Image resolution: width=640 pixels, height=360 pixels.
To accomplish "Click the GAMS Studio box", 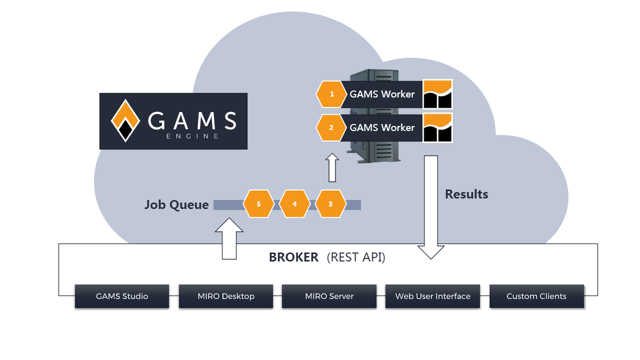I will (x=122, y=296).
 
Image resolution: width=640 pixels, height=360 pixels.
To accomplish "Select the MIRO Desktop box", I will (x=226, y=296).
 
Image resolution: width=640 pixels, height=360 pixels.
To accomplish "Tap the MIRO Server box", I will (x=329, y=296).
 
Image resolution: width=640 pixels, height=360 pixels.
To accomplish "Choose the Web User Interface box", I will (x=432, y=296).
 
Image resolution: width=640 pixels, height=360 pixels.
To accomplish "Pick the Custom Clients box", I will (x=536, y=296).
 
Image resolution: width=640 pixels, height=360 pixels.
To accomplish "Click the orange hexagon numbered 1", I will (x=331, y=94).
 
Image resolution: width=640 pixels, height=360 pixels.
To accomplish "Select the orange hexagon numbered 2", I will (x=331, y=127).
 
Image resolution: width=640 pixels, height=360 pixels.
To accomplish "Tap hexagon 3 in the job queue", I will (x=330, y=204).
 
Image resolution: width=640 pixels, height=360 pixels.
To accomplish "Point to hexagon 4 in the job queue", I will (x=294, y=204).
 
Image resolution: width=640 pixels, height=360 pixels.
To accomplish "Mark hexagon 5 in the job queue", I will (x=258, y=204).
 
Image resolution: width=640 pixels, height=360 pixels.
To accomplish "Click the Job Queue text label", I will (x=176, y=204).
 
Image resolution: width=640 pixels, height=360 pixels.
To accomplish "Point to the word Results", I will (x=466, y=194).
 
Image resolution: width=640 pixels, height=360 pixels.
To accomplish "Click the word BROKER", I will (x=293, y=257).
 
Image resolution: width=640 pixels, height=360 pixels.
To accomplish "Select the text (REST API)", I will (x=356, y=257).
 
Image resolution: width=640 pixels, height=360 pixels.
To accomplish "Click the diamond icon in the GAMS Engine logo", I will (x=125, y=121).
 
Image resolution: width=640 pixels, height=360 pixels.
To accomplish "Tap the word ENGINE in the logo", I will (x=192, y=136).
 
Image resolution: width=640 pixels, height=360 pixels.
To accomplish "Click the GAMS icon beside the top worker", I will (x=437, y=94).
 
